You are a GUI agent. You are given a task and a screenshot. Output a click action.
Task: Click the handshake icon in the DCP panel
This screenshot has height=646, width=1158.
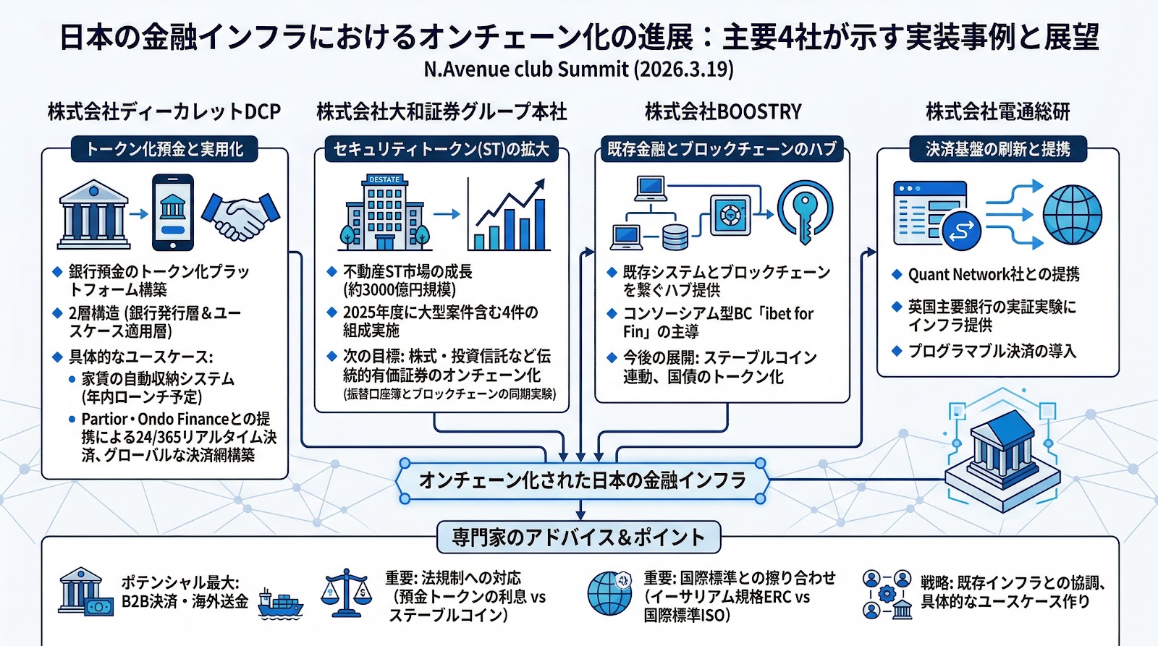pyautogui.click(x=240, y=216)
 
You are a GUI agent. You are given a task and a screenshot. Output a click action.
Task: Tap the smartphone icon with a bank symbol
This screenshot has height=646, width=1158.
pyautogui.click(x=172, y=212)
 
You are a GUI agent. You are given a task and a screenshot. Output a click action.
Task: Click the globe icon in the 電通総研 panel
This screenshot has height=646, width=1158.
pyautogui.click(x=1072, y=215)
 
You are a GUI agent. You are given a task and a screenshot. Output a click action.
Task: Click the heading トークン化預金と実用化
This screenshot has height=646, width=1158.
pyautogui.click(x=164, y=150)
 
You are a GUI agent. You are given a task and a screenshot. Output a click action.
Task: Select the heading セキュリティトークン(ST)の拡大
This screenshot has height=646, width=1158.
pyautogui.click(x=441, y=150)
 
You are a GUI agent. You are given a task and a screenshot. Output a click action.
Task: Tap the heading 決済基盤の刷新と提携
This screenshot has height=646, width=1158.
pyautogui.click(x=997, y=149)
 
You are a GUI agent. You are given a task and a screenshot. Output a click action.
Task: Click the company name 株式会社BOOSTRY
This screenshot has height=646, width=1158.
pyautogui.click(x=723, y=112)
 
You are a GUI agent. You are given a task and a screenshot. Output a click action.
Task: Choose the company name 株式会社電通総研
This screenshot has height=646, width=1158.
pyautogui.click(x=997, y=112)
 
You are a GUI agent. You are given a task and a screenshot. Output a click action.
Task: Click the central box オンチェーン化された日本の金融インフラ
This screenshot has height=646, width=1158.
pyautogui.click(x=582, y=480)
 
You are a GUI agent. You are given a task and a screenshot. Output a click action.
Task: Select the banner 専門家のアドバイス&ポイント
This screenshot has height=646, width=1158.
pyautogui.click(x=578, y=537)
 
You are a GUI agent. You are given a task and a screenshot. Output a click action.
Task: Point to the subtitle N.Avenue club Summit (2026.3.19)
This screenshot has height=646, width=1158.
pyautogui.click(x=578, y=69)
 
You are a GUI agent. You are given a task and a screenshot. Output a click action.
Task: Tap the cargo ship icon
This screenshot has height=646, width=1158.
pyautogui.click(x=280, y=603)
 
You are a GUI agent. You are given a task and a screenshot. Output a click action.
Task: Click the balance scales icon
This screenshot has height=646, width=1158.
pyautogui.click(x=347, y=593)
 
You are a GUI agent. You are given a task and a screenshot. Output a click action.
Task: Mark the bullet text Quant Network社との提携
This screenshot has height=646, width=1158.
pyautogui.click(x=993, y=275)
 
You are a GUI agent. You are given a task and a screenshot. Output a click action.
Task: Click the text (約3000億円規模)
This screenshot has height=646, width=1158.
pyautogui.click(x=399, y=290)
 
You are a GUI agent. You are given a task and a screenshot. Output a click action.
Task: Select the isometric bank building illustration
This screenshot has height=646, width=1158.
pyautogui.click(x=1002, y=452)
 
